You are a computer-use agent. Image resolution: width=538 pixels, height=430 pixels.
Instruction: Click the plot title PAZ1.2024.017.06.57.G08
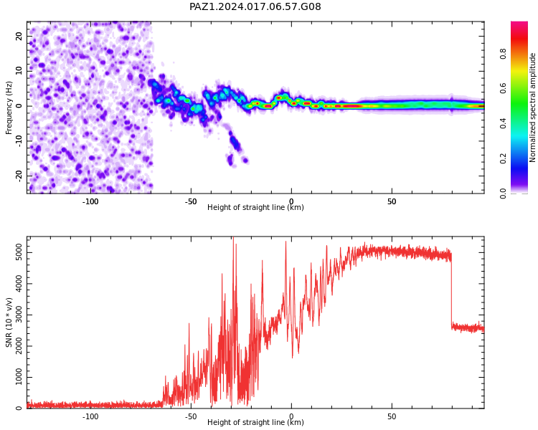[255, 6]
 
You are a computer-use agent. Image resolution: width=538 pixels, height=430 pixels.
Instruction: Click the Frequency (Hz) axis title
[9, 107]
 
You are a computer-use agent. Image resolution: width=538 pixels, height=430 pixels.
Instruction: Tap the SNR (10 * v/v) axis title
[9, 322]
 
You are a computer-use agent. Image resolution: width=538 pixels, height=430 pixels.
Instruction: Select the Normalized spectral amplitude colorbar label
[532, 107]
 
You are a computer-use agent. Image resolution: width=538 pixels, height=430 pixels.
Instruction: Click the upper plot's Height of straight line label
[255, 207]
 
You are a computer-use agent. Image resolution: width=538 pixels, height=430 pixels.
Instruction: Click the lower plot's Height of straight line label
[255, 422]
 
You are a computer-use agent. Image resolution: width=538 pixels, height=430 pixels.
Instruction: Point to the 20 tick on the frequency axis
[19, 36]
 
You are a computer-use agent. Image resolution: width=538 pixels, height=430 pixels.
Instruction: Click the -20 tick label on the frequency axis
[19, 176]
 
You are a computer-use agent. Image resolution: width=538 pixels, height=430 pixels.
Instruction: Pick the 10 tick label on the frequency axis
[19, 71]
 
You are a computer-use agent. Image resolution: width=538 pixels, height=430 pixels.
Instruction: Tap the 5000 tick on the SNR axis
[19, 253]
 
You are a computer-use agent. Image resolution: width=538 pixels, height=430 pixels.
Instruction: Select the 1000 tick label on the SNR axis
[19, 377]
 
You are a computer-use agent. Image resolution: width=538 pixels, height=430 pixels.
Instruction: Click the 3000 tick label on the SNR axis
[19, 315]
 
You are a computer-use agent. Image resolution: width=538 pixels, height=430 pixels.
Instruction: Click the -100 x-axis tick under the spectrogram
[90, 201]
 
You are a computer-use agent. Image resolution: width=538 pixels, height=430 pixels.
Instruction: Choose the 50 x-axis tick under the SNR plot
[392, 416]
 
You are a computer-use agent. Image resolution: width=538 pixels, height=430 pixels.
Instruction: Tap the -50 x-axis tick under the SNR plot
[191, 416]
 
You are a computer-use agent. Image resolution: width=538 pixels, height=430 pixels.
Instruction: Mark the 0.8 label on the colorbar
[503, 54]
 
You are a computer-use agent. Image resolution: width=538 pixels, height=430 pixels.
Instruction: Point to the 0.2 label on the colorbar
[503, 158]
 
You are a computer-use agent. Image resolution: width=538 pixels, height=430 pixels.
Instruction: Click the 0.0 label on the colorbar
[503, 193]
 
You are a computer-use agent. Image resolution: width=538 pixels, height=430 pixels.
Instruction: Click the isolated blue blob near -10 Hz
[235, 142]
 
